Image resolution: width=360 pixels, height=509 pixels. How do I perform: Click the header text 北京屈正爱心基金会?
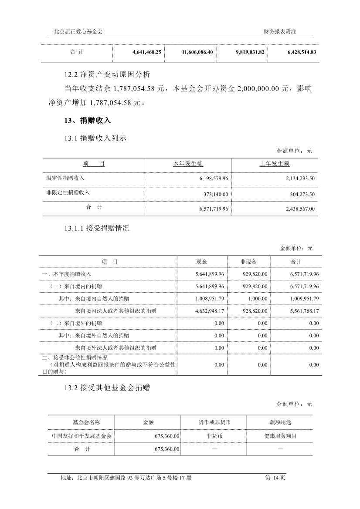[x=78, y=31]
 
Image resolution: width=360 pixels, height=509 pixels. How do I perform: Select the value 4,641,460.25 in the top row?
[x=147, y=52]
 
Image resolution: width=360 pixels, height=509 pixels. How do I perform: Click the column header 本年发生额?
[x=188, y=164]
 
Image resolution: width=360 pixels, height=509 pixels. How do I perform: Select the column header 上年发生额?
[x=275, y=164]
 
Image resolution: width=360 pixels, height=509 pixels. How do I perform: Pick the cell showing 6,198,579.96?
[x=214, y=179]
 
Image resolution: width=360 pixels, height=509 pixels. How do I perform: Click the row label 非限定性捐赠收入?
[x=69, y=192]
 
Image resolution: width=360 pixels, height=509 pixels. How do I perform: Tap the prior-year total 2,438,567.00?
[x=300, y=209]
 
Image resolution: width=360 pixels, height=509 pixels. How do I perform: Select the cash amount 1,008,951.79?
[x=210, y=299]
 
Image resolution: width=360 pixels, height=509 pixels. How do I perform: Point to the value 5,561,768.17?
[x=304, y=311]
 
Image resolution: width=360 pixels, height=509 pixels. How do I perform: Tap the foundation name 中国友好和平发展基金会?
[x=82, y=435]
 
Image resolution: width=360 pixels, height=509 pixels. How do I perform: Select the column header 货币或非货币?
[x=214, y=422]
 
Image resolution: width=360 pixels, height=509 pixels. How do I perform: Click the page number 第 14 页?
[x=275, y=478]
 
